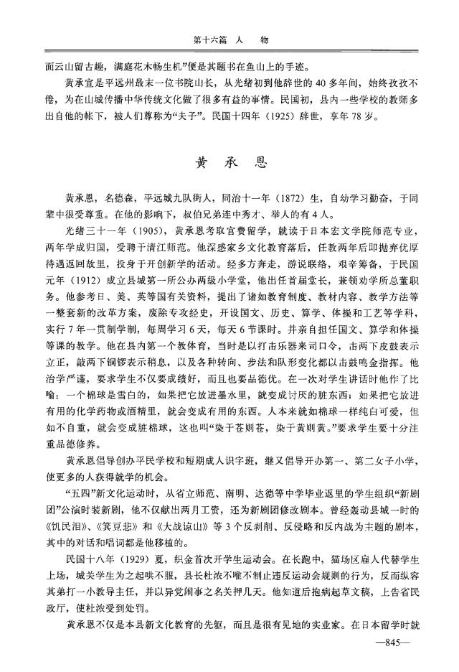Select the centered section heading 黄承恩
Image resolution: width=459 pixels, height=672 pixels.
click(x=230, y=163)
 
